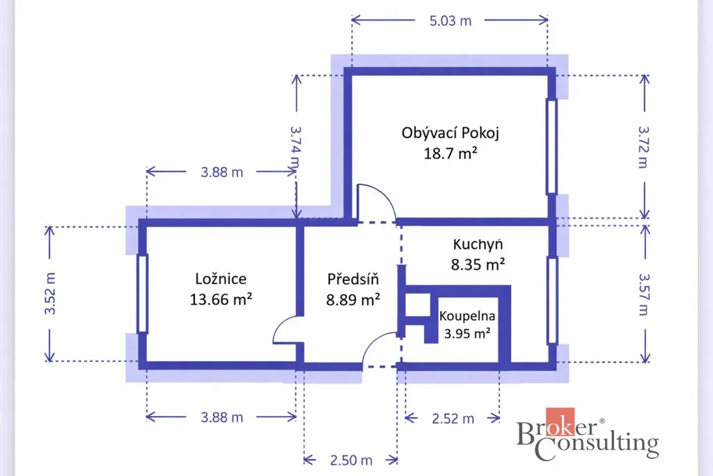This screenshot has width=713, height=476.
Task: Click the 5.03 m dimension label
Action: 450,21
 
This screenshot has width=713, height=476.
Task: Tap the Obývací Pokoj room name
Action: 450,133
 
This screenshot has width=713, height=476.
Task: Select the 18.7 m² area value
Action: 450,153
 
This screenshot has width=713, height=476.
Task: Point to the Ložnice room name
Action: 221,279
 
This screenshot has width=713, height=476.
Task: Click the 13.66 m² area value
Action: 221,300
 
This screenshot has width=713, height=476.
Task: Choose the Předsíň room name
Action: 353,279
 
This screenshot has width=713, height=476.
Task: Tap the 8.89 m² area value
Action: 353,300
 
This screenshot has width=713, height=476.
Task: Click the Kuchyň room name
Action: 478,245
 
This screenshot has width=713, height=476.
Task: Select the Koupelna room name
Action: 467,316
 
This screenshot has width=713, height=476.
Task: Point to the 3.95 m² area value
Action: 467,334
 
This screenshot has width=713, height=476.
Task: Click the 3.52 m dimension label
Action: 50,293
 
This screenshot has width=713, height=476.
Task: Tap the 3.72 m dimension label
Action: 643,147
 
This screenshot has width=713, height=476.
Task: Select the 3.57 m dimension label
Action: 643,294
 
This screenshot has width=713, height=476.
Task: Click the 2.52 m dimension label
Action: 453,419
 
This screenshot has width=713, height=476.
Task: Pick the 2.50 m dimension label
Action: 351,461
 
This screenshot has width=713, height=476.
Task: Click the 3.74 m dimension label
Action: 295,148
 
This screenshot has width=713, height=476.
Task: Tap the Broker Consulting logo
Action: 588,434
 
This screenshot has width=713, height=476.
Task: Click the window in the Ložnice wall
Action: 142,294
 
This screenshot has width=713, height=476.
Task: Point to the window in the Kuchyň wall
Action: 552,300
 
